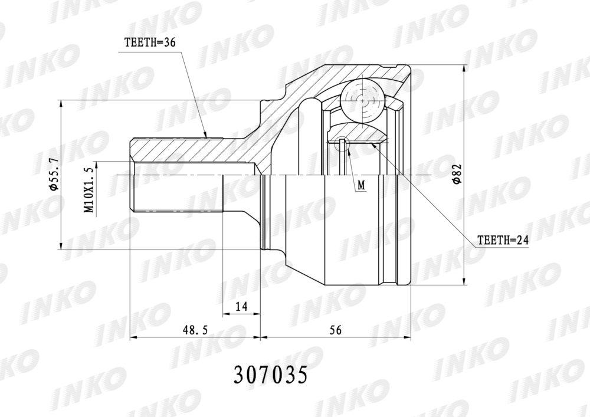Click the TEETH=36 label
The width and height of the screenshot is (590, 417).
click(150, 42)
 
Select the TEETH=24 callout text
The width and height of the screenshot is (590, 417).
click(503, 240)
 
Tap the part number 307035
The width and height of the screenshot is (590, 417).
click(271, 375)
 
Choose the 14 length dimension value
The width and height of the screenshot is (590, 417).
click(241, 307)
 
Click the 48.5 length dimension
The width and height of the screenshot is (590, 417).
click(195, 330)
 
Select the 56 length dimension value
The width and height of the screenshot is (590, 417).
click(335, 330)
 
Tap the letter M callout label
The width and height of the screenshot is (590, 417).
click(362, 185)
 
